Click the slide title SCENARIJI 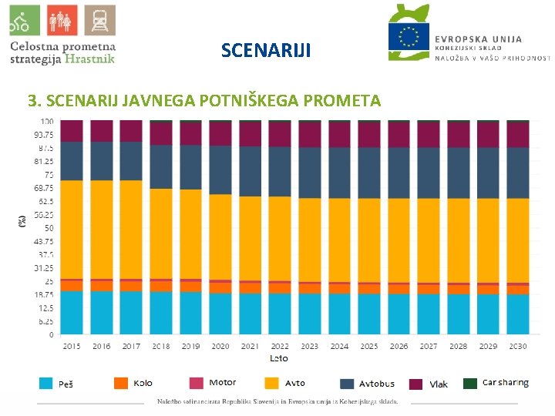pyautogui.click(x=266, y=51)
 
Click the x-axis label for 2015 pyautogui.click(x=71, y=347)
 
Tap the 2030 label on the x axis pyautogui.click(x=517, y=347)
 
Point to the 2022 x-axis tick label pyautogui.click(x=280, y=347)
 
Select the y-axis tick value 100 pyautogui.click(x=47, y=122)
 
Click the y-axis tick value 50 pyautogui.click(x=49, y=228)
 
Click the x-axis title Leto pyautogui.click(x=279, y=358)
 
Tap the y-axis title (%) pyautogui.click(x=22, y=220)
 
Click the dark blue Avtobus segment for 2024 pyautogui.click(x=339, y=173)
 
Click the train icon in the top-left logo pyautogui.click(x=99, y=21)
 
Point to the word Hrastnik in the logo pyautogui.click(x=89, y=57)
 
